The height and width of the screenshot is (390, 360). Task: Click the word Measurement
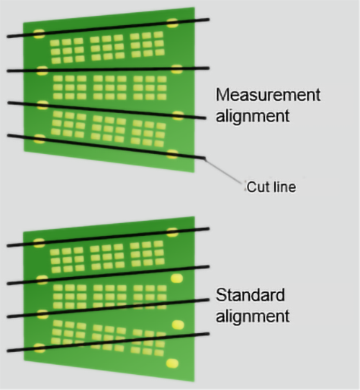(268, 95)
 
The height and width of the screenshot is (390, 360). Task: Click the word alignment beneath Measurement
(253, 116)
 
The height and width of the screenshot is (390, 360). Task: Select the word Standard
(250, 295)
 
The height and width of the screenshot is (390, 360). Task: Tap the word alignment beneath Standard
(253, 316)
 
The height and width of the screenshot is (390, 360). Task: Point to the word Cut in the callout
(258, 187)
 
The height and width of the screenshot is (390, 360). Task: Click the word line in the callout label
(284, 187)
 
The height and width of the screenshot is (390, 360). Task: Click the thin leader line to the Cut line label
(223, 171)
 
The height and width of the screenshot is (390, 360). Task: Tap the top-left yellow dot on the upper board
(39, 34)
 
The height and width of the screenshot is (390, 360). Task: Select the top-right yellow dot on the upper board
(172, 23)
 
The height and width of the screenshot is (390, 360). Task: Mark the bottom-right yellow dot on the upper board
(172, 154)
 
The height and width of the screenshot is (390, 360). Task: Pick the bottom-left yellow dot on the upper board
(40, 139)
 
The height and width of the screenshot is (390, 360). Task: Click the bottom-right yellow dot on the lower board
(172, 363)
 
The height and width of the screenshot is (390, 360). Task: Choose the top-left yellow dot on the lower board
(39, 243)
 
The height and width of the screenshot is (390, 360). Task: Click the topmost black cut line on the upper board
(108, 28)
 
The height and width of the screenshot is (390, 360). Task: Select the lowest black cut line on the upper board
(107, 147)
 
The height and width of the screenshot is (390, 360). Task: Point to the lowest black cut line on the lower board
(108, 343)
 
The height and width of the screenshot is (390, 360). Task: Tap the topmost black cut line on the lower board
(108, 237)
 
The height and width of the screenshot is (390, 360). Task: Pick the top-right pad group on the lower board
(147, 253)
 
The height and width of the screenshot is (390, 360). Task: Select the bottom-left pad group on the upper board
(68, 124)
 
